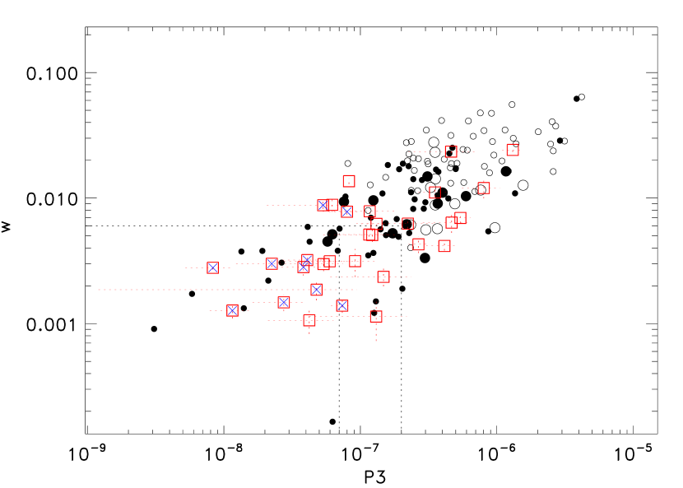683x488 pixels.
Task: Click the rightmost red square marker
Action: tap(513, 150)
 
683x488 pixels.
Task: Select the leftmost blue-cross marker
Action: tap(212, 267)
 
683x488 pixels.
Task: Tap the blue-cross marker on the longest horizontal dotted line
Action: tap(316, 290)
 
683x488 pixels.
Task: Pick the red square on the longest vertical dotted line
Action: tap(376, 316)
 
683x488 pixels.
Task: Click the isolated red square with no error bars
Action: tap(349, 181)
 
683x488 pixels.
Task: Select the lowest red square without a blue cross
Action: tap(309, 320)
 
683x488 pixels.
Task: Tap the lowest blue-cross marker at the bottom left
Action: tap(232, 310)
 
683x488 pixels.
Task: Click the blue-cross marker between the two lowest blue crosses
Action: tap(284, 302)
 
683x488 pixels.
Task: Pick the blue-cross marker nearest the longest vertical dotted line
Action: tap(342, 305)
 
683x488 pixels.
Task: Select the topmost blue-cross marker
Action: tap(323, 205)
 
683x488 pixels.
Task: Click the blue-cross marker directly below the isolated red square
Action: tap(346, 211)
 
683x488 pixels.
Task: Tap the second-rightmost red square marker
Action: tap(484, 188)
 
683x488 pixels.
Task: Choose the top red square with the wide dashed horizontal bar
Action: tap(451, 151)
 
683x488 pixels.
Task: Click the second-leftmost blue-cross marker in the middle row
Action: tap(272, 263)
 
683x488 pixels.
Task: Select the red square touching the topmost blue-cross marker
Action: tap(332, 205)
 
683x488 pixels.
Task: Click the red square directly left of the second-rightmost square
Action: tap(434, 193)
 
